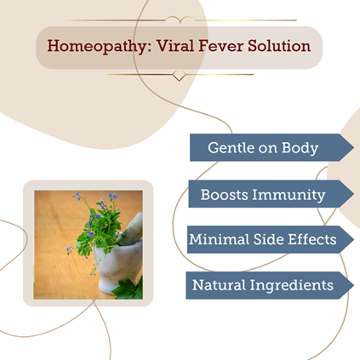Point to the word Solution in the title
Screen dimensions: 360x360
tap(279, 45)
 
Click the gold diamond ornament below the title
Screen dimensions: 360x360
tap(179, 75)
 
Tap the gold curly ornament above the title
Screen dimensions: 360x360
tap(180, 20)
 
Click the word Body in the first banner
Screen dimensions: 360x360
tap(300, 148)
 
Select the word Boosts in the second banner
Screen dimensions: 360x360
tap(225, 195)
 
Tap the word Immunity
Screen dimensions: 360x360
tap(289, 195)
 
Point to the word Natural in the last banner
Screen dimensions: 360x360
tap(219, 285)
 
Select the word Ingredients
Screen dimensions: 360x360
tap(292, 285)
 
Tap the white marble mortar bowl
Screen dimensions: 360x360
tap(118, 264)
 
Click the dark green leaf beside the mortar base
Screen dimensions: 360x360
tap(129, 289)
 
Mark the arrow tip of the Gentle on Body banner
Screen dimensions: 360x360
tap(353, 147)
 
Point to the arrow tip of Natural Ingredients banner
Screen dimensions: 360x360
tap(353, 285)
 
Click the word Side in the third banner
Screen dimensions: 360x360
tap(269, 239)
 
